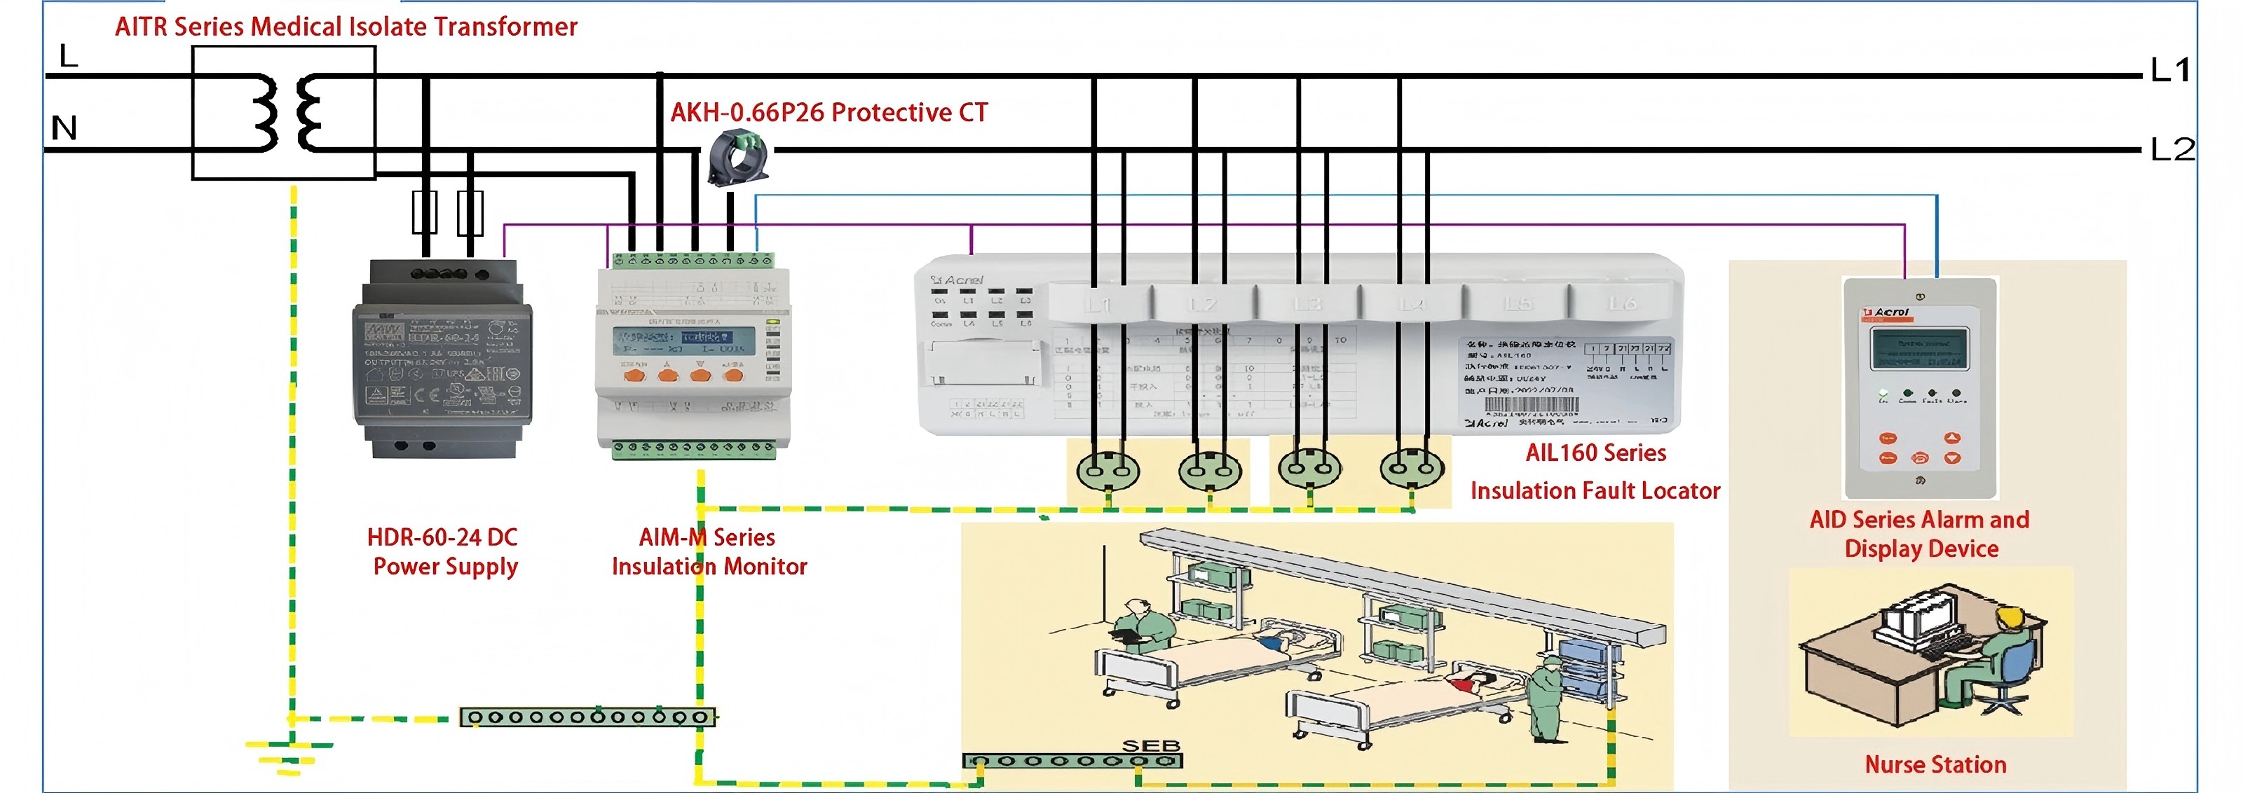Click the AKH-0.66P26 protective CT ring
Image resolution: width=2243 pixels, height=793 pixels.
(x=737, y=157)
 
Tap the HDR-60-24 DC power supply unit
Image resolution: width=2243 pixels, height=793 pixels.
(x=442, y=359)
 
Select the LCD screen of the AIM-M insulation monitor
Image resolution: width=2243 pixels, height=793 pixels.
(x=672, y=340)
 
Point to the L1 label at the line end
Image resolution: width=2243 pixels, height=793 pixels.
(x=2170, y=69)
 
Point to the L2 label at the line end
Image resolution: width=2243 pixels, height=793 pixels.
(x=2172, y=150)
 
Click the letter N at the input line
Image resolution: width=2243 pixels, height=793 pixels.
(x=64, y=128)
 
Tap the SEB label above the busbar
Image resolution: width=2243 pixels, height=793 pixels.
(x=1150, y=745)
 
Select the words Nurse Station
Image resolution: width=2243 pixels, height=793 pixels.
(x=1935, y=764)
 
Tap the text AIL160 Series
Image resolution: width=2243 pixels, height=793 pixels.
(x=1595, y=453)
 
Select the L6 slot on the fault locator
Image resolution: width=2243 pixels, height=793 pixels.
(x=1621, y=303)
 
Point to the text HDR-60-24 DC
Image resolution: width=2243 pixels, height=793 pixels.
(x=442, y=537)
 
